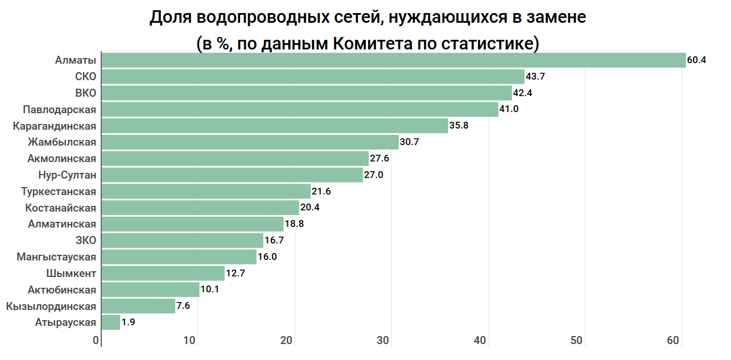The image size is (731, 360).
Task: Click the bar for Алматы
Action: click(394, 60)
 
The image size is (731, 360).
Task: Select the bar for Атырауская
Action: click(111, 322)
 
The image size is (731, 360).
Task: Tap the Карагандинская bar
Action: click(275, 126)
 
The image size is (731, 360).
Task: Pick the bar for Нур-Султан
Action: click(232, 175)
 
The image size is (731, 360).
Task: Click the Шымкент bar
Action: click(163, 274)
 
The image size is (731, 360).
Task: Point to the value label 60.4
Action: click(696, 60)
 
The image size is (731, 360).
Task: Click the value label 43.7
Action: click(535, 77)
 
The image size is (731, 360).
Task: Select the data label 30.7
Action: click(410, 142)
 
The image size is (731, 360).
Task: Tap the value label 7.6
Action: click(183, 306)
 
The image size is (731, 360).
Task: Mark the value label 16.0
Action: click(267, 257)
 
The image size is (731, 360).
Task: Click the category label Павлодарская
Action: click(60, 110)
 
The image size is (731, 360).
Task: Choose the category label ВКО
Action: click(86, 93)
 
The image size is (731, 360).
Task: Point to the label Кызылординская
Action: click(51, 307)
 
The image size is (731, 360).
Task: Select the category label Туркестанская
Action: click(59, 192)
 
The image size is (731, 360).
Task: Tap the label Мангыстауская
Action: click(57, 257)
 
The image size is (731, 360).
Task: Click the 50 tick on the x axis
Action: click(577, 341)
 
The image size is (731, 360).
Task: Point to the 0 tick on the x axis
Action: click(96, 341)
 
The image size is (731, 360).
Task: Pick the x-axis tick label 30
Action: click(383, 341)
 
